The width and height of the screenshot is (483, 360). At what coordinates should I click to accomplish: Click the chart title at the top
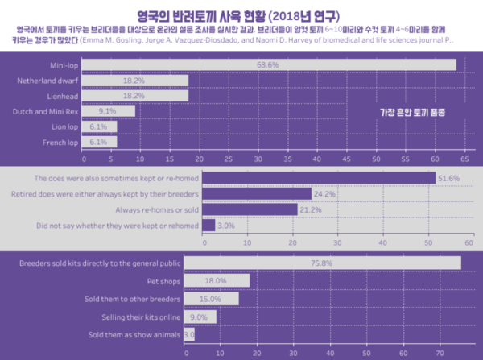pyautogui.click(x=242, y=14)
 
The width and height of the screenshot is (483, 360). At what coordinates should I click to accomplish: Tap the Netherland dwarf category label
pyautogui.click(x=46, y=81)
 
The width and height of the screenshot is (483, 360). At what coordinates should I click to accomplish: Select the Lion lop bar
pyautogui.click(x=99, y=126)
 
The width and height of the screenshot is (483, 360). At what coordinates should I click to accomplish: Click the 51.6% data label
pyautogui.click(x=448, y=178)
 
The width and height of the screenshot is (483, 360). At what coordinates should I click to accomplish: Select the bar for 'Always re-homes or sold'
pyautogui.click(x=250, y=209)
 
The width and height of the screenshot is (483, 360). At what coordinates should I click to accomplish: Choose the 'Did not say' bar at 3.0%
pyautogui.click(x=208, y=226)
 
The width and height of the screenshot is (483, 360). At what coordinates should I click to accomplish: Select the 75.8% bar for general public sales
pyautogui.click(x=323, y=263)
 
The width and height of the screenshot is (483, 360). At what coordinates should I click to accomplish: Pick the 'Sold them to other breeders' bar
pyautogui.click(x=211, y=299)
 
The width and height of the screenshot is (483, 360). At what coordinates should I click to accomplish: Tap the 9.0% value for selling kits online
pyautogui.click(x=200, y=317)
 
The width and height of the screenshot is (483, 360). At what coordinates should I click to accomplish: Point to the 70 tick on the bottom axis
pyautogui.click(x=440, y=353)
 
